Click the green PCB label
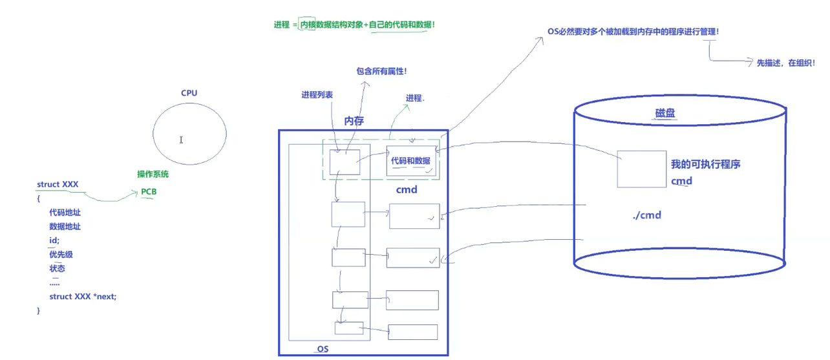coord(149,192)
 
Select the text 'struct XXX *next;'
coord(83,296)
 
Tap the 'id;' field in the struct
coord(54,240)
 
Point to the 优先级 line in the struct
coord(61,255)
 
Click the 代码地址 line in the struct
coord(65,213)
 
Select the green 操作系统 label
coord(153,175)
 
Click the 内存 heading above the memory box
coord(354,120)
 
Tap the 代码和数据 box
coord(411,161)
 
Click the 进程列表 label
coord(317,94)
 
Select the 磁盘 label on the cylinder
coord(666,113)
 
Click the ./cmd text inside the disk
coord(647,215)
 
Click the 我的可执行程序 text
coord(706,164)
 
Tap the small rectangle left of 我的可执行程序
coord(641,169)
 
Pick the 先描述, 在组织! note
coord(785,63)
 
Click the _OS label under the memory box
coord(321,349)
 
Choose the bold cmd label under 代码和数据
coord(407,190)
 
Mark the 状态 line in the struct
coord(57,268)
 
